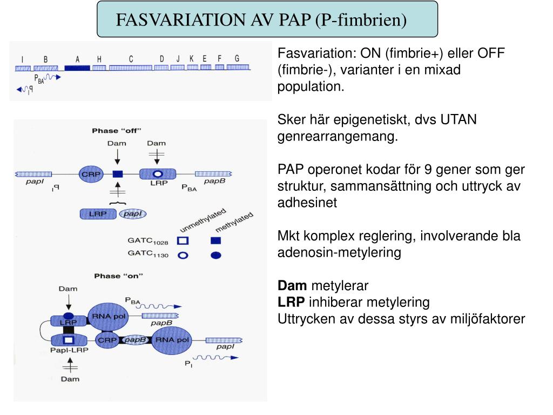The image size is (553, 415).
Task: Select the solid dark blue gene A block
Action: coord(77,68)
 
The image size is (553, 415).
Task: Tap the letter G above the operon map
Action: coord(237,58)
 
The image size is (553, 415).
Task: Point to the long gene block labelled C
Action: coord(130,68)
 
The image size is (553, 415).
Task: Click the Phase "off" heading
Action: coord(116,131)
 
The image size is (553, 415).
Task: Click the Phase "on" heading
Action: coord(118,276)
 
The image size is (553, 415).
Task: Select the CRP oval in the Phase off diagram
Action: coord(90,174)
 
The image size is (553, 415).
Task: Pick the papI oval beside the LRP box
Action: coord(132,214)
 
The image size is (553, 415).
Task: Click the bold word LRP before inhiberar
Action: coord(291,302)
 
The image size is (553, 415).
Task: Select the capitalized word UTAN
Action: coord(458,119)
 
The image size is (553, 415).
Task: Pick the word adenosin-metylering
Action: coord(339,252)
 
